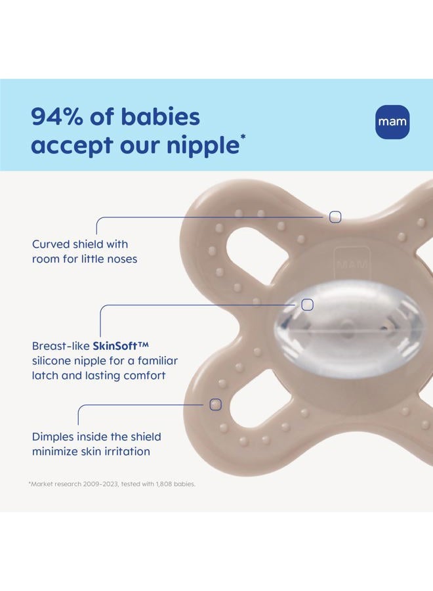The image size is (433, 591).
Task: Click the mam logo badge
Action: click(x=392, y=121)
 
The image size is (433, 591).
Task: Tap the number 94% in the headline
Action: click(x=56, y=116)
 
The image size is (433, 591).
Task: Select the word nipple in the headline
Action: click(x=203, y=146)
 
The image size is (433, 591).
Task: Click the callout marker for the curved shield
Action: click(x=335, y=217)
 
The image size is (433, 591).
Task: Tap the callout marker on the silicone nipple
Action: click(x=307, y=305)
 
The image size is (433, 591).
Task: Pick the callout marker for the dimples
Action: click(x=215, y=405)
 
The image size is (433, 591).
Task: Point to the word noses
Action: click(x=122, y=259)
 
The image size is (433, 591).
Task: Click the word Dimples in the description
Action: click(x=52, y=437)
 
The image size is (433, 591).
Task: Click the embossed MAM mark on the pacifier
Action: click(x=352, y=264)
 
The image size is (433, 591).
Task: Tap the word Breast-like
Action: click(x=60, y=345)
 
